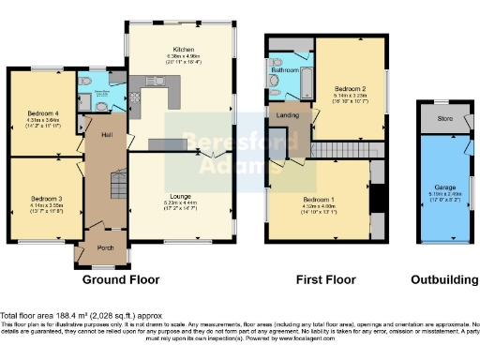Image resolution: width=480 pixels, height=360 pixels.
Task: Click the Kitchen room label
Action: [x=183, y=49]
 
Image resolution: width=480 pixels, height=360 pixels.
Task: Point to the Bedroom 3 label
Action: [x=44, y=199]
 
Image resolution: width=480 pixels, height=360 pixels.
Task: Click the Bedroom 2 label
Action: [x=349, y=88]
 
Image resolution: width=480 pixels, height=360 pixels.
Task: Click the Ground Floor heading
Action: [x=119, y=280]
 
